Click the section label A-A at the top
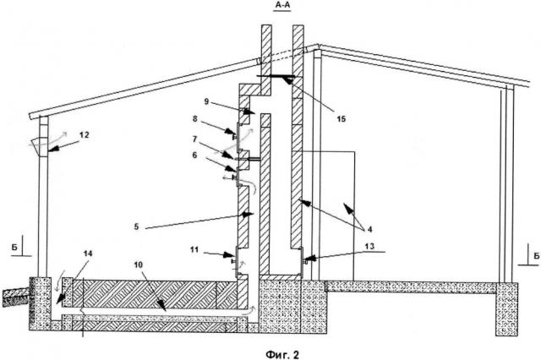click(282, 5)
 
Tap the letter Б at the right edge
click(535, 251)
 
